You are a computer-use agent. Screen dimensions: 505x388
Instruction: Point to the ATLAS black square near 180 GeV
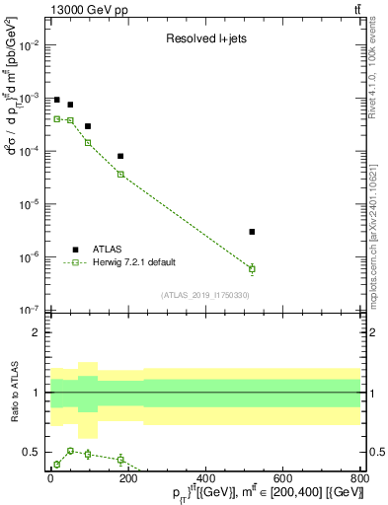pyautogui.click(x=120, y=156)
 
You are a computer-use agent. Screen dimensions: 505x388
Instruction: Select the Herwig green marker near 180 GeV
pyautogui.click(x=120, y=174)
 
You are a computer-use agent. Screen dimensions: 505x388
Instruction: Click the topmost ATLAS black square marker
pyautogui.click(x=57, y=101)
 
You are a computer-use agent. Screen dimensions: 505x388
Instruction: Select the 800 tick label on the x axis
pyautogui.click(x=358, y=479)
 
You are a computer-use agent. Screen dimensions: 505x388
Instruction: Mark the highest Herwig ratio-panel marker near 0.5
pyautogui.click(x=69, y=450)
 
